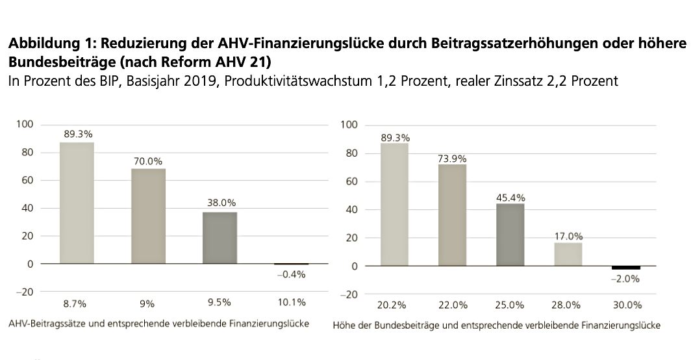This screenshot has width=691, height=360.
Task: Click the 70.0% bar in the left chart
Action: point(148,216)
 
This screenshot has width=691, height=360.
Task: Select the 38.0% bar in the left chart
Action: point(220,238)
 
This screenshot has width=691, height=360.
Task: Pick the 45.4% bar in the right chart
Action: point(510,235)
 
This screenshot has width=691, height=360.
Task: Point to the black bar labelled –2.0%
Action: point(626,268)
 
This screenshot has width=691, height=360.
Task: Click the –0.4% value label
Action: point(291,274)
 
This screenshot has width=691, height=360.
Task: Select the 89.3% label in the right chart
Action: point(395,137)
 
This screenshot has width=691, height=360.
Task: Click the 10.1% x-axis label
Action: point(291,303)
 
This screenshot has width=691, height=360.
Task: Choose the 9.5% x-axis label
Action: point(220,303)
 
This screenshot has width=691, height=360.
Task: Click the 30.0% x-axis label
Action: point(627,305)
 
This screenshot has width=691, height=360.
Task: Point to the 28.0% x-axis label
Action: point(568,305)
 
